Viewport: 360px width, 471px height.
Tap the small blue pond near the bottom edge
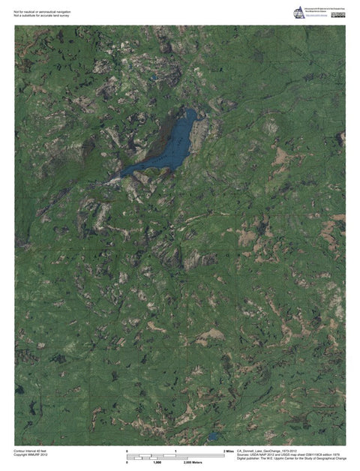point(213,435)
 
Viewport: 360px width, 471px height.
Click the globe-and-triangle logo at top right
point(299,13)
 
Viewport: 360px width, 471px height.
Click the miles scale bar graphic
point(175,456)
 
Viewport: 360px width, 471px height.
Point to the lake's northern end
point(190,112)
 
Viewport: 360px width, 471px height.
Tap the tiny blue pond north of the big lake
point(153,76)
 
